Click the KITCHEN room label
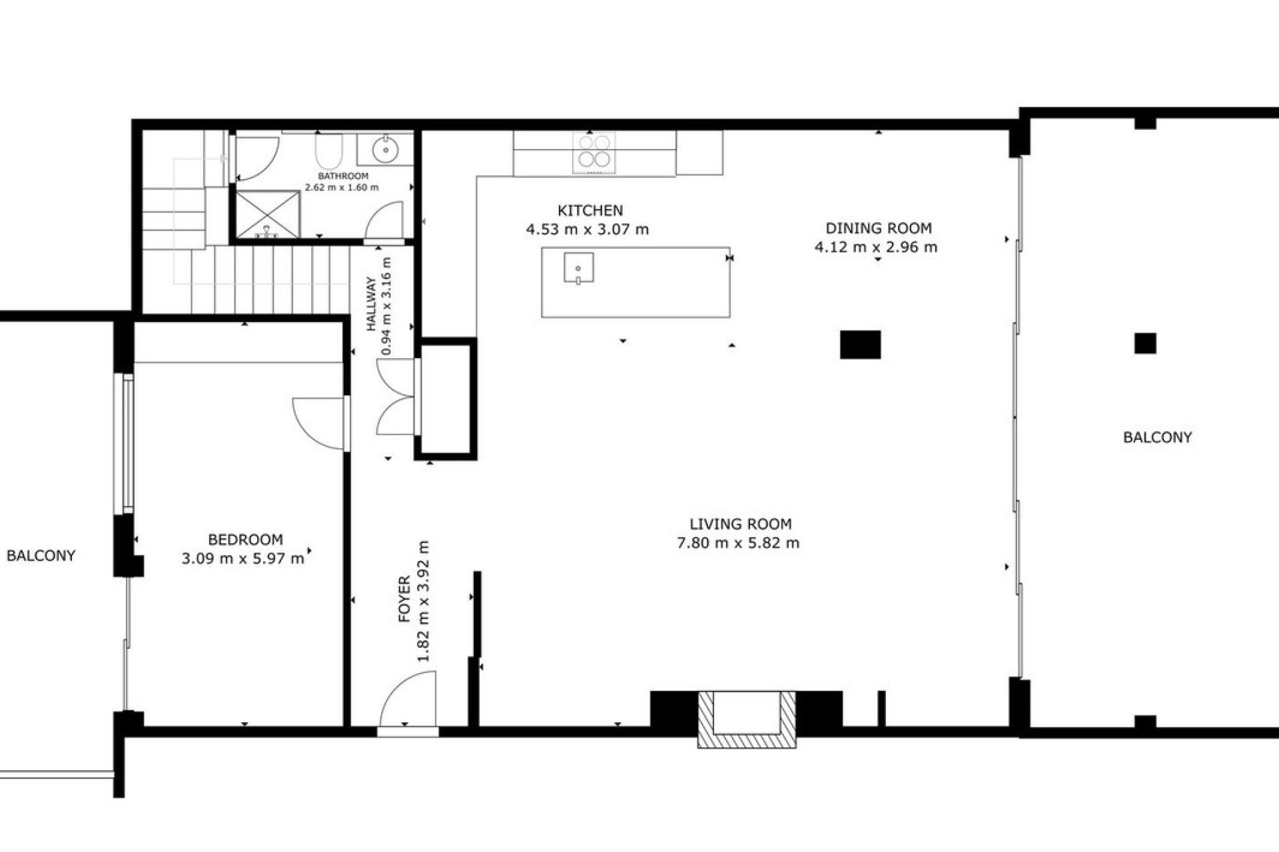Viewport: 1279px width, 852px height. pyautogui.click(x=590, y=211)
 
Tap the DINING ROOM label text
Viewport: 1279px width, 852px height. pyautogui.click(x=878, y=228)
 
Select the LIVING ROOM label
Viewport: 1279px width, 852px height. pyautogui.click(x=740, y=524)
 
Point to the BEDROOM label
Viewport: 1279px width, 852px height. pyautogui.click(x=245, y=540)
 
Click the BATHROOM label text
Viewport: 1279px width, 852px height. pyautogui.click(x=343, y=176)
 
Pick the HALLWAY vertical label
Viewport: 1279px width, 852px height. pyautogui.click(x=372, y=304)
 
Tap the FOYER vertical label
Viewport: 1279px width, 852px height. pyautogui.click(x=404, y=599)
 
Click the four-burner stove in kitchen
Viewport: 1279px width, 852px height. pyautogui.click(x=594, y=152)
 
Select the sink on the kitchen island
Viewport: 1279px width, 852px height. pyautogui.click(x=578, y=268)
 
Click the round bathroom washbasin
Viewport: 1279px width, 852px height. pyautogui.click(x=386, y=149)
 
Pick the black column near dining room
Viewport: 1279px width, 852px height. pyautogui.click(x=860, y=345)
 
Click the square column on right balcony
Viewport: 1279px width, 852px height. pyautogui.click(x=1145, y=343)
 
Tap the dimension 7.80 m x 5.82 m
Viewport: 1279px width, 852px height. pyautogui.click(x=738, y=543)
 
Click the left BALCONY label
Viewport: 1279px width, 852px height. pyautogui.click(x=41, y=556)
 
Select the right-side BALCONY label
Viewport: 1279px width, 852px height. pyautogui.click(x=1157, y=437)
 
